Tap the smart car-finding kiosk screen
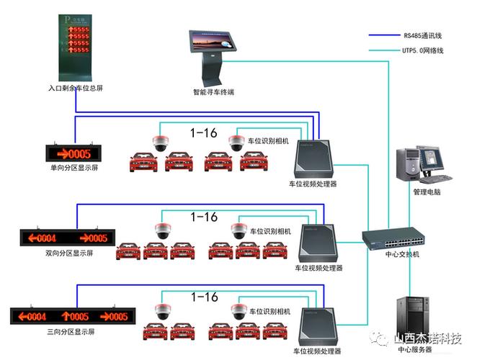213,41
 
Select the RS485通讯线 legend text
423,35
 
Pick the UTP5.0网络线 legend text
423,50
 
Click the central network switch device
393,238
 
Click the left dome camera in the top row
160,141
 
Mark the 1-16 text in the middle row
203,217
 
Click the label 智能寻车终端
213,92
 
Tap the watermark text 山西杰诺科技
427,338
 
